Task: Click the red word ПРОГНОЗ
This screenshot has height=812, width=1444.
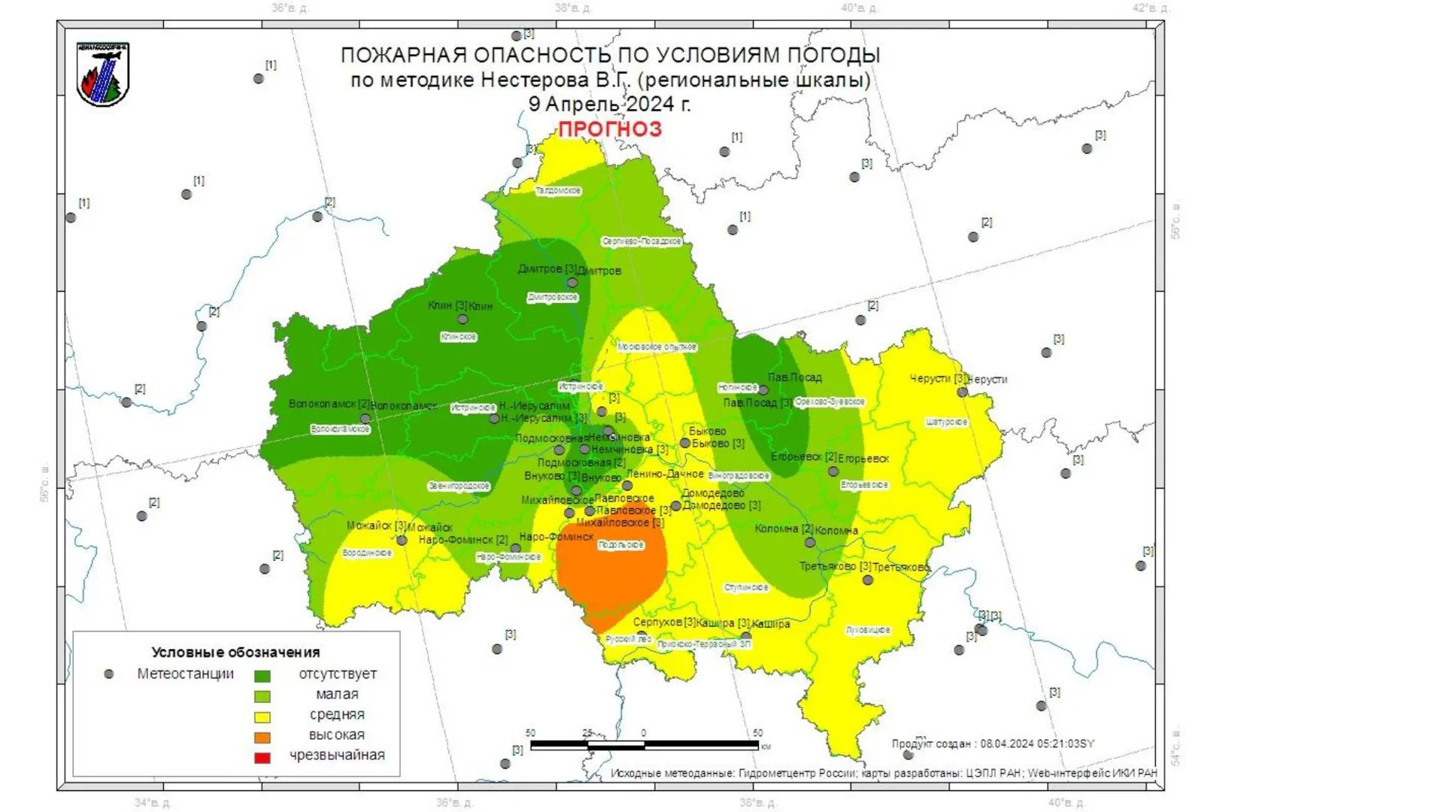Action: click(x=610, y=129)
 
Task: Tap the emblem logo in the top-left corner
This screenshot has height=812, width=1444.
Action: click(x=103, y=74)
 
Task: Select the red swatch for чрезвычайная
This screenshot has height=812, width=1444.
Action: click(x=262, y=757)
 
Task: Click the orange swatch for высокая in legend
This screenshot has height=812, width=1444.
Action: click(x=262, y=737)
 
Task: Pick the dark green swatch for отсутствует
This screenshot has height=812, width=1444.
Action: click(x=262, y=676)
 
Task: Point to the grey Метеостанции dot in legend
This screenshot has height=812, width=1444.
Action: click(x=109, y=674)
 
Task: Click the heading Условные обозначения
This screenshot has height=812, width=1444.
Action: click(x=235, y=653)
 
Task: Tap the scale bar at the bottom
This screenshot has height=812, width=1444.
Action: click(x=644, y=745)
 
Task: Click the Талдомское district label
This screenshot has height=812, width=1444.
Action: click(x=558, y=191)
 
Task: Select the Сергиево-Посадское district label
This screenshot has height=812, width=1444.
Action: click(x=642, y=241)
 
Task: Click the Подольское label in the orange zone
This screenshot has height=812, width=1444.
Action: click(x=621, y=545)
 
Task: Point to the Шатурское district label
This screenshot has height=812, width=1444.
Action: click(x=946, y=423)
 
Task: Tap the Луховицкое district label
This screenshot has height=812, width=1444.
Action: click(x=868, y=630)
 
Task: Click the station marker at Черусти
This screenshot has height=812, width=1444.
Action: click(x=962, y=392)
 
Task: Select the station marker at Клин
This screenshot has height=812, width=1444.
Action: click(x=463, y=320)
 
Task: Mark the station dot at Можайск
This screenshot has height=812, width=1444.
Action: click(x=402, y=541)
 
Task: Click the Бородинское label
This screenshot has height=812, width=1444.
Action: click(x=367, y=553)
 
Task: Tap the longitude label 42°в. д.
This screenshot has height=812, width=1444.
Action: click(x=1151, y=8)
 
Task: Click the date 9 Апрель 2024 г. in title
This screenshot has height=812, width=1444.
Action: click(x=609, y=105)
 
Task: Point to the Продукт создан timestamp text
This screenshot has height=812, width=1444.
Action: click(x=993, y=744)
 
